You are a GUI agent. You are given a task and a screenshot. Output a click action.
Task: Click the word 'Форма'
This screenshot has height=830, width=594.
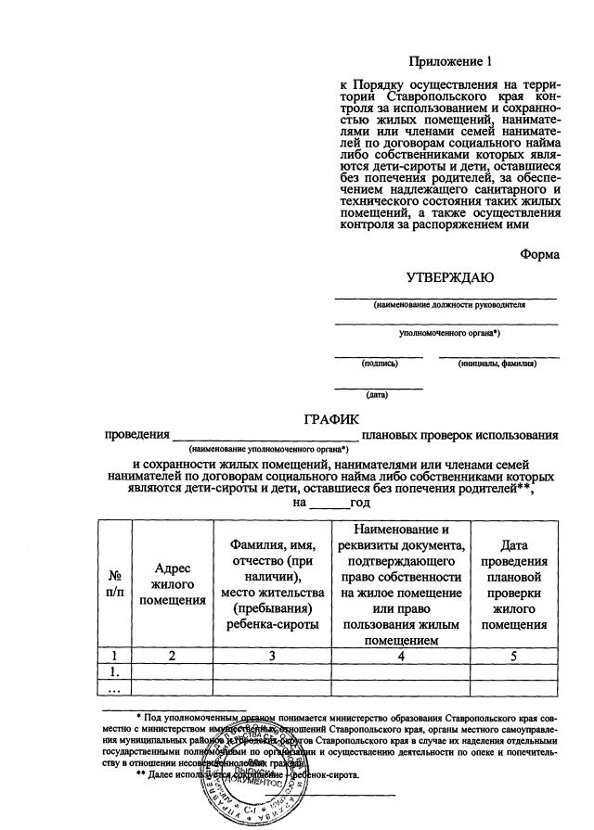pos(539,255)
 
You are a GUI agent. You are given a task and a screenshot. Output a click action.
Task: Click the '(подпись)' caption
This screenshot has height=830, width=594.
pos(380,364)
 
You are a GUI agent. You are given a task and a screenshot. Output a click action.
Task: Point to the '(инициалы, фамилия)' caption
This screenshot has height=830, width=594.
pos(497,364)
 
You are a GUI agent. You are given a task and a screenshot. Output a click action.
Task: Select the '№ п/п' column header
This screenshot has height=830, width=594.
pos(116,583)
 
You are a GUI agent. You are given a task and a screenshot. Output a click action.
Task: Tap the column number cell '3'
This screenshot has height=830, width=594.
pos(273,656)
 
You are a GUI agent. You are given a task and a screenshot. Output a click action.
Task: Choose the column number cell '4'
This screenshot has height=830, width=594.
pos(401,656)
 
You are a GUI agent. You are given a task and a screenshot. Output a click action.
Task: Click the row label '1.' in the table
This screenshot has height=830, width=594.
pos(116,671)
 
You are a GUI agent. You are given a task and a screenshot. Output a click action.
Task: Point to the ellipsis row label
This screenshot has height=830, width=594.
pos(116,688)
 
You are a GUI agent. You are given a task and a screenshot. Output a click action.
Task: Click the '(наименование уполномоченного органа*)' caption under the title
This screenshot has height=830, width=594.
pos(265,449)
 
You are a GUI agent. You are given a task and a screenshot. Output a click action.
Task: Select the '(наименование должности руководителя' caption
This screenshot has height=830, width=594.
pos(449,305)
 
